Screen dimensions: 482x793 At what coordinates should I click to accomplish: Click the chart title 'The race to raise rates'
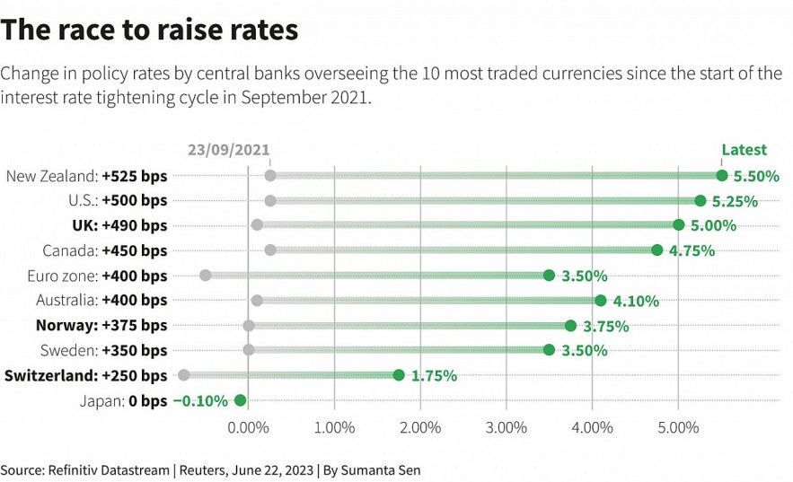(149, 31)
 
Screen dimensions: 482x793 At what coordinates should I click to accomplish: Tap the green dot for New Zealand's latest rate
(721, 176)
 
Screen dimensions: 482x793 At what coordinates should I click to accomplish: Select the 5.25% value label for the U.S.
(735, 201)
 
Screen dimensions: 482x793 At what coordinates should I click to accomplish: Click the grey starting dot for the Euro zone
(206, 276)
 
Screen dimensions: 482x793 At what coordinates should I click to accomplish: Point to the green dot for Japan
(240, 400)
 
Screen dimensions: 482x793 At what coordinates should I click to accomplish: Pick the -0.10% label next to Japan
(200, 401)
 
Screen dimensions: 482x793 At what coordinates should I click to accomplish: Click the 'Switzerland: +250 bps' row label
(86, 375)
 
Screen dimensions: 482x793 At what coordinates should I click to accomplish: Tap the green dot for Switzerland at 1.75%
(399, 375)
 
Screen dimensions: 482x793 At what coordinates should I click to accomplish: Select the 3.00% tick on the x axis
(506, 427)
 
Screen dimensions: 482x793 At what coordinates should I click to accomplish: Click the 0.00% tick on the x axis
(248, 427)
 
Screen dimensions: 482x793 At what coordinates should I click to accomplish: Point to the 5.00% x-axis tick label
(678, 427)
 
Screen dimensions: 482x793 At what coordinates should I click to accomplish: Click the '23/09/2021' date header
(228, 150)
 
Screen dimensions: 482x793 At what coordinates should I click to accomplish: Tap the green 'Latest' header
(744, 150)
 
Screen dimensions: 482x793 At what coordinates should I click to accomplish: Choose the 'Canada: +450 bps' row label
(104, 250)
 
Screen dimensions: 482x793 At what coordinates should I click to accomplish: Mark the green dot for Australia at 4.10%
(600, 301)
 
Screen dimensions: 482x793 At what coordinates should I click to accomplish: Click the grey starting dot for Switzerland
(184, 375)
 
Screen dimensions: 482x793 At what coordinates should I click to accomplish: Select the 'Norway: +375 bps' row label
(101, 325)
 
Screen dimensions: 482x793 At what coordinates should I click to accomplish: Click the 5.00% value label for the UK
(713, 226)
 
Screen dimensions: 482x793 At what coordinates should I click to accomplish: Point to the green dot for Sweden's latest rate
(549, 350)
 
